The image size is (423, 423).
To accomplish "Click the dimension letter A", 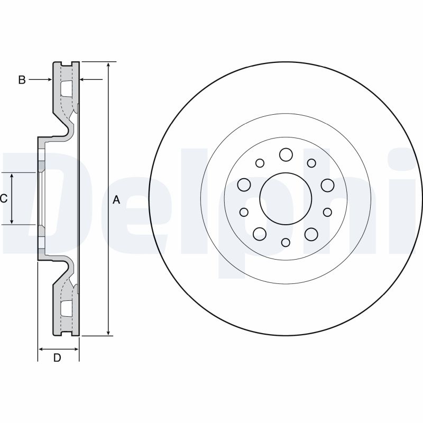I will tap(117, 200).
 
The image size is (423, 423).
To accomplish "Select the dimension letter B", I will tap(22, 80).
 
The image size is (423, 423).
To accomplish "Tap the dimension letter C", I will tap(4, 198).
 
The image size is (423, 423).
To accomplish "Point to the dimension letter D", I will tap(58, 358).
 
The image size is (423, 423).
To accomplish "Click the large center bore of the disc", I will tap(286, 198).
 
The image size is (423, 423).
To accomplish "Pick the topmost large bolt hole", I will tap(286, 154).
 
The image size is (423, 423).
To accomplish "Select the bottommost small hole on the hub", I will tap(286, 242).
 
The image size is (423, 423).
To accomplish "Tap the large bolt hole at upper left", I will tap(244, 185).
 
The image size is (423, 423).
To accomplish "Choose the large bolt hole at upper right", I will tap(327, 185).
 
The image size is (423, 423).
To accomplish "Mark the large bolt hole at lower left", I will tap(260, 233).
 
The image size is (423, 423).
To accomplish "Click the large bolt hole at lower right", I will tap(311, 233).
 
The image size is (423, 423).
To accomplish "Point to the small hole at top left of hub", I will tap(260, 163).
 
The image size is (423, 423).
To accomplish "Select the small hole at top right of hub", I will tap(311, 163).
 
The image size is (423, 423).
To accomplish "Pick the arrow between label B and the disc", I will tap(48, 80).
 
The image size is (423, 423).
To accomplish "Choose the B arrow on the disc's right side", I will tap(84, 80).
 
